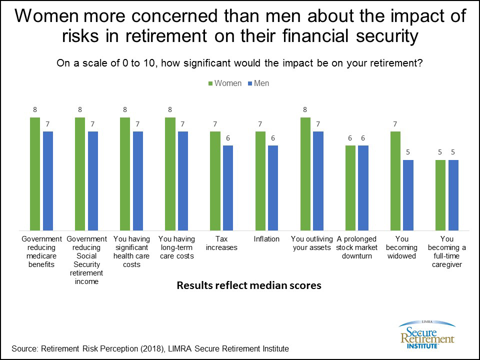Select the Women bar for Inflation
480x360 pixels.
(260, 180)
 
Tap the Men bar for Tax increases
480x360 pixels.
(228, 187)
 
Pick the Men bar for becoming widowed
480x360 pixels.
(408, 195)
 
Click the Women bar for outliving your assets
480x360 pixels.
(305, 173)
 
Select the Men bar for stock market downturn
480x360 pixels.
(363, 187)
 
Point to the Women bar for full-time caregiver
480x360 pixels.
(440, 195)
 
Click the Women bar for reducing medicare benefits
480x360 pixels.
(34, 173)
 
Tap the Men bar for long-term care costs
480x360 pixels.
(183, 180)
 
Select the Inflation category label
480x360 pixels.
(266, 239)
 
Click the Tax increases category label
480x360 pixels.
(221, 243)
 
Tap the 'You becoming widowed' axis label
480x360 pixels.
(401, 247)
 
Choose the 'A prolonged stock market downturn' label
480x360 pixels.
(356, 247)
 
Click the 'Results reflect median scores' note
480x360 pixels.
(248, 286)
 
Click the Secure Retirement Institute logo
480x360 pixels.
(426, 334)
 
